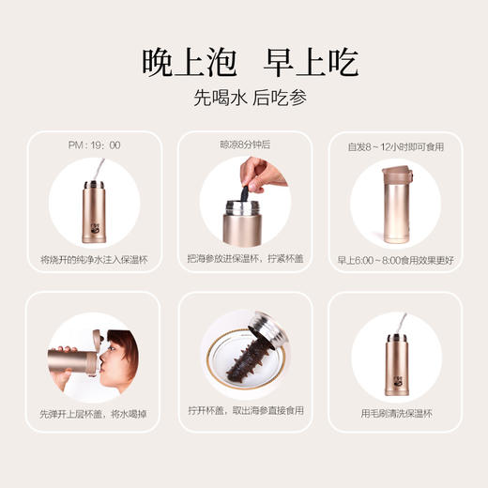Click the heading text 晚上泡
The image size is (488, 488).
point(182,63)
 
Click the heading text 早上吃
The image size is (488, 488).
point(306,63)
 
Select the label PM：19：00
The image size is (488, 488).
point(94,145)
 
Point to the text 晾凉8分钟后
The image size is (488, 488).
point(243,145)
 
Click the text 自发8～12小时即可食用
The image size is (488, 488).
point(395,146)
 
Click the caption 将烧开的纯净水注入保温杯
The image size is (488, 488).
point(94,259)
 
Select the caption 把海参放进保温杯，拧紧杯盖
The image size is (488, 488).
point(244,259)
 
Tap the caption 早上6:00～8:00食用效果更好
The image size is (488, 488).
point(395,259)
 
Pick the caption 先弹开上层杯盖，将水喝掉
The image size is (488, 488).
point(94,414)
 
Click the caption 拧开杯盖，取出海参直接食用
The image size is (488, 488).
point(244,414)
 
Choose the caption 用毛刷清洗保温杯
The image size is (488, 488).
point(395,414)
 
